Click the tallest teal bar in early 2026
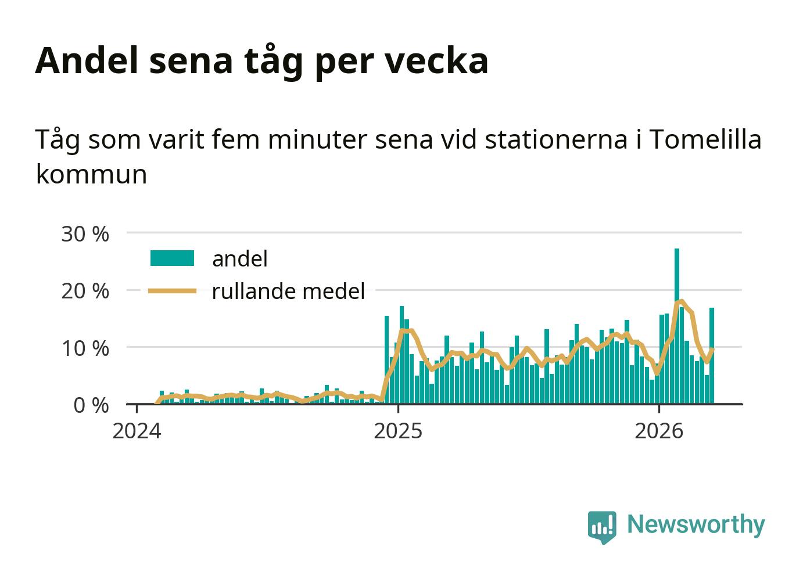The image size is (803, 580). click(x=676, y=325)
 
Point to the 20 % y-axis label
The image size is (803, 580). click(x=85, y=290)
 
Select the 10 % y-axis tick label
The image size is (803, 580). click(x=85, y=348)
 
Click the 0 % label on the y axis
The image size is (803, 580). click(x=91, y=405)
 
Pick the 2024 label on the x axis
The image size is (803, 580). click(x=137, y=431)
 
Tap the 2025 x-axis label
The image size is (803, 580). click(x=397, y=431)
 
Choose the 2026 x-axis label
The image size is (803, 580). click(x=658, y=431)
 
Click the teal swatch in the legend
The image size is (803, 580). click(x=172, y=258)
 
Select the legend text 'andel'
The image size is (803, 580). click(x=240, y=258)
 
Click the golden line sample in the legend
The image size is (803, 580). click(x=172, y=290)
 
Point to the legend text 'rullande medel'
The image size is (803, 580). click(x=288, y=291)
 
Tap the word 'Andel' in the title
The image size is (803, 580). click(x=87, y=60)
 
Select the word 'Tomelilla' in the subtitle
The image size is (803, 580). click(x=704, y=139)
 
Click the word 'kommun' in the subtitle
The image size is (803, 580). click(x=91, y=174)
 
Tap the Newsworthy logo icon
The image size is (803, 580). click(x=601, y=527)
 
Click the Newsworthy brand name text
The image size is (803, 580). click(x=696, y=524)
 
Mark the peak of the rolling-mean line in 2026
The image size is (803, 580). click(x=682, y=301)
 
